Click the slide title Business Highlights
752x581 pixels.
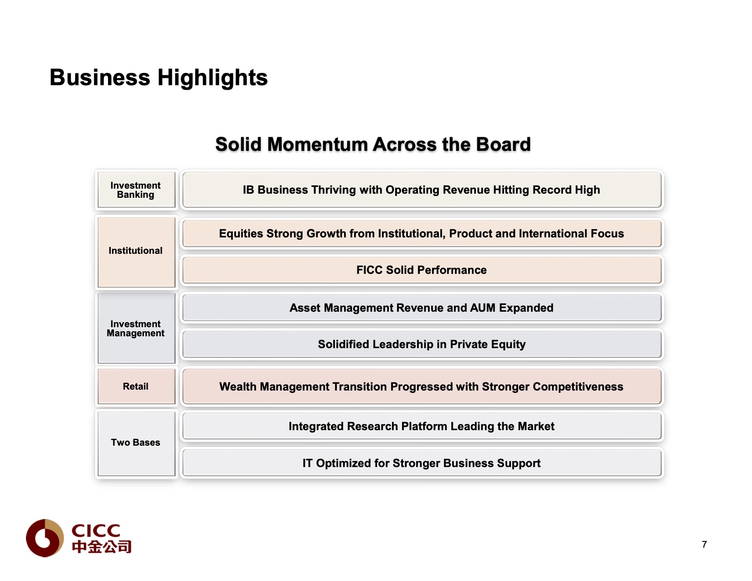pos(159,77)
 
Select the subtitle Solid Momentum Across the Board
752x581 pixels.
pos(373,144)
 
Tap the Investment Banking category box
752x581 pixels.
pos(136,190)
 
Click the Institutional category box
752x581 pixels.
pos(136,252)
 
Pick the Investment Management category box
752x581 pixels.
pos(136,329)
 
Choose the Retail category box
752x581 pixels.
pos(136,386)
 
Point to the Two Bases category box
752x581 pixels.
pos(136,444)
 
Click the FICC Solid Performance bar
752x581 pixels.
pos(422,270)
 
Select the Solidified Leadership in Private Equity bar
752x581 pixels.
pos(422,344)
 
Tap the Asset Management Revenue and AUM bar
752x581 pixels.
pos(422,308)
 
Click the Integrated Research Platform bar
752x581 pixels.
pos(422,427)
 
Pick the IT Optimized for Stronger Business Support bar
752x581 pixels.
pos(422,463)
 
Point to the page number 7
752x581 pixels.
pos(704,545)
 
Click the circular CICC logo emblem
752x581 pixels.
pos(45,538)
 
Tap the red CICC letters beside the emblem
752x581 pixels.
pos(96,531)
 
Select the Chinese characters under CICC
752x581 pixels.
pos(101,547)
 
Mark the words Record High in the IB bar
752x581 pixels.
pos(566,190)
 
